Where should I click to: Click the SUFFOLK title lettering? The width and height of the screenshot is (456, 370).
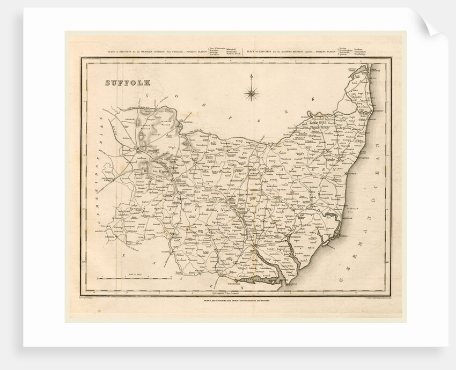tap(127, 83)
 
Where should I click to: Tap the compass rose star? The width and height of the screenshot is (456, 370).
tap(251, 94)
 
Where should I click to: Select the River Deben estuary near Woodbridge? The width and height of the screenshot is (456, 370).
tap(293, 252)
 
